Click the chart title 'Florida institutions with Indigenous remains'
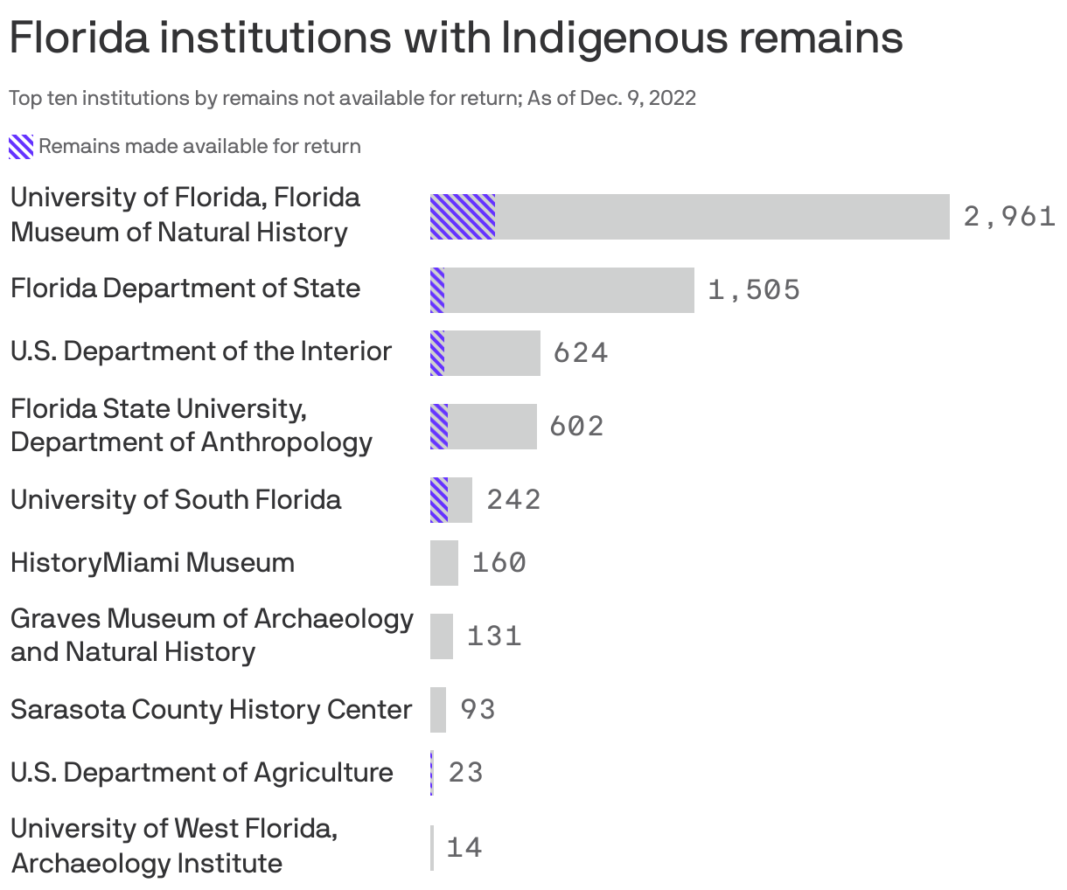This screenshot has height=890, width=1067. (456, 38)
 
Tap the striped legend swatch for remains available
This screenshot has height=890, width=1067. (21, 147)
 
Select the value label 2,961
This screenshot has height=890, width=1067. (1009, 216)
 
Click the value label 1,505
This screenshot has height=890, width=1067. (754, 289)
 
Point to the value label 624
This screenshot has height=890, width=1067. (581, 352)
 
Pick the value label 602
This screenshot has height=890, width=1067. (576, 426)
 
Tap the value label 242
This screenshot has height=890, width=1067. (513, 499)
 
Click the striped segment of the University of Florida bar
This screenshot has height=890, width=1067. (463, 217)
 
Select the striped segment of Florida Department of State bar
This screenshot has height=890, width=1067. (437, 290)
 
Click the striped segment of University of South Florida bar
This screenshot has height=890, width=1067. (439, 500)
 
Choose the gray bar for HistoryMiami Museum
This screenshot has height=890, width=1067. (444, 563)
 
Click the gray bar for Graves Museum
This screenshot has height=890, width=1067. (442, 636)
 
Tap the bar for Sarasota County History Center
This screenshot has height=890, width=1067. (438, 710)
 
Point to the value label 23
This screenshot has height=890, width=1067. (465, 773)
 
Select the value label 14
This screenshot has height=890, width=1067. (464, 847)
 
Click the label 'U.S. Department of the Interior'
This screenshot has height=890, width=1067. (201, 351)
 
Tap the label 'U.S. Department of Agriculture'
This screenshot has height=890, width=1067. (202, 773)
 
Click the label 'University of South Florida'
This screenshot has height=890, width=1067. (176, 500)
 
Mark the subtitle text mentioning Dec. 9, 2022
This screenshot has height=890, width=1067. (352, 98)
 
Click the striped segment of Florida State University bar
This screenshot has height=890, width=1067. (439, 427)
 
